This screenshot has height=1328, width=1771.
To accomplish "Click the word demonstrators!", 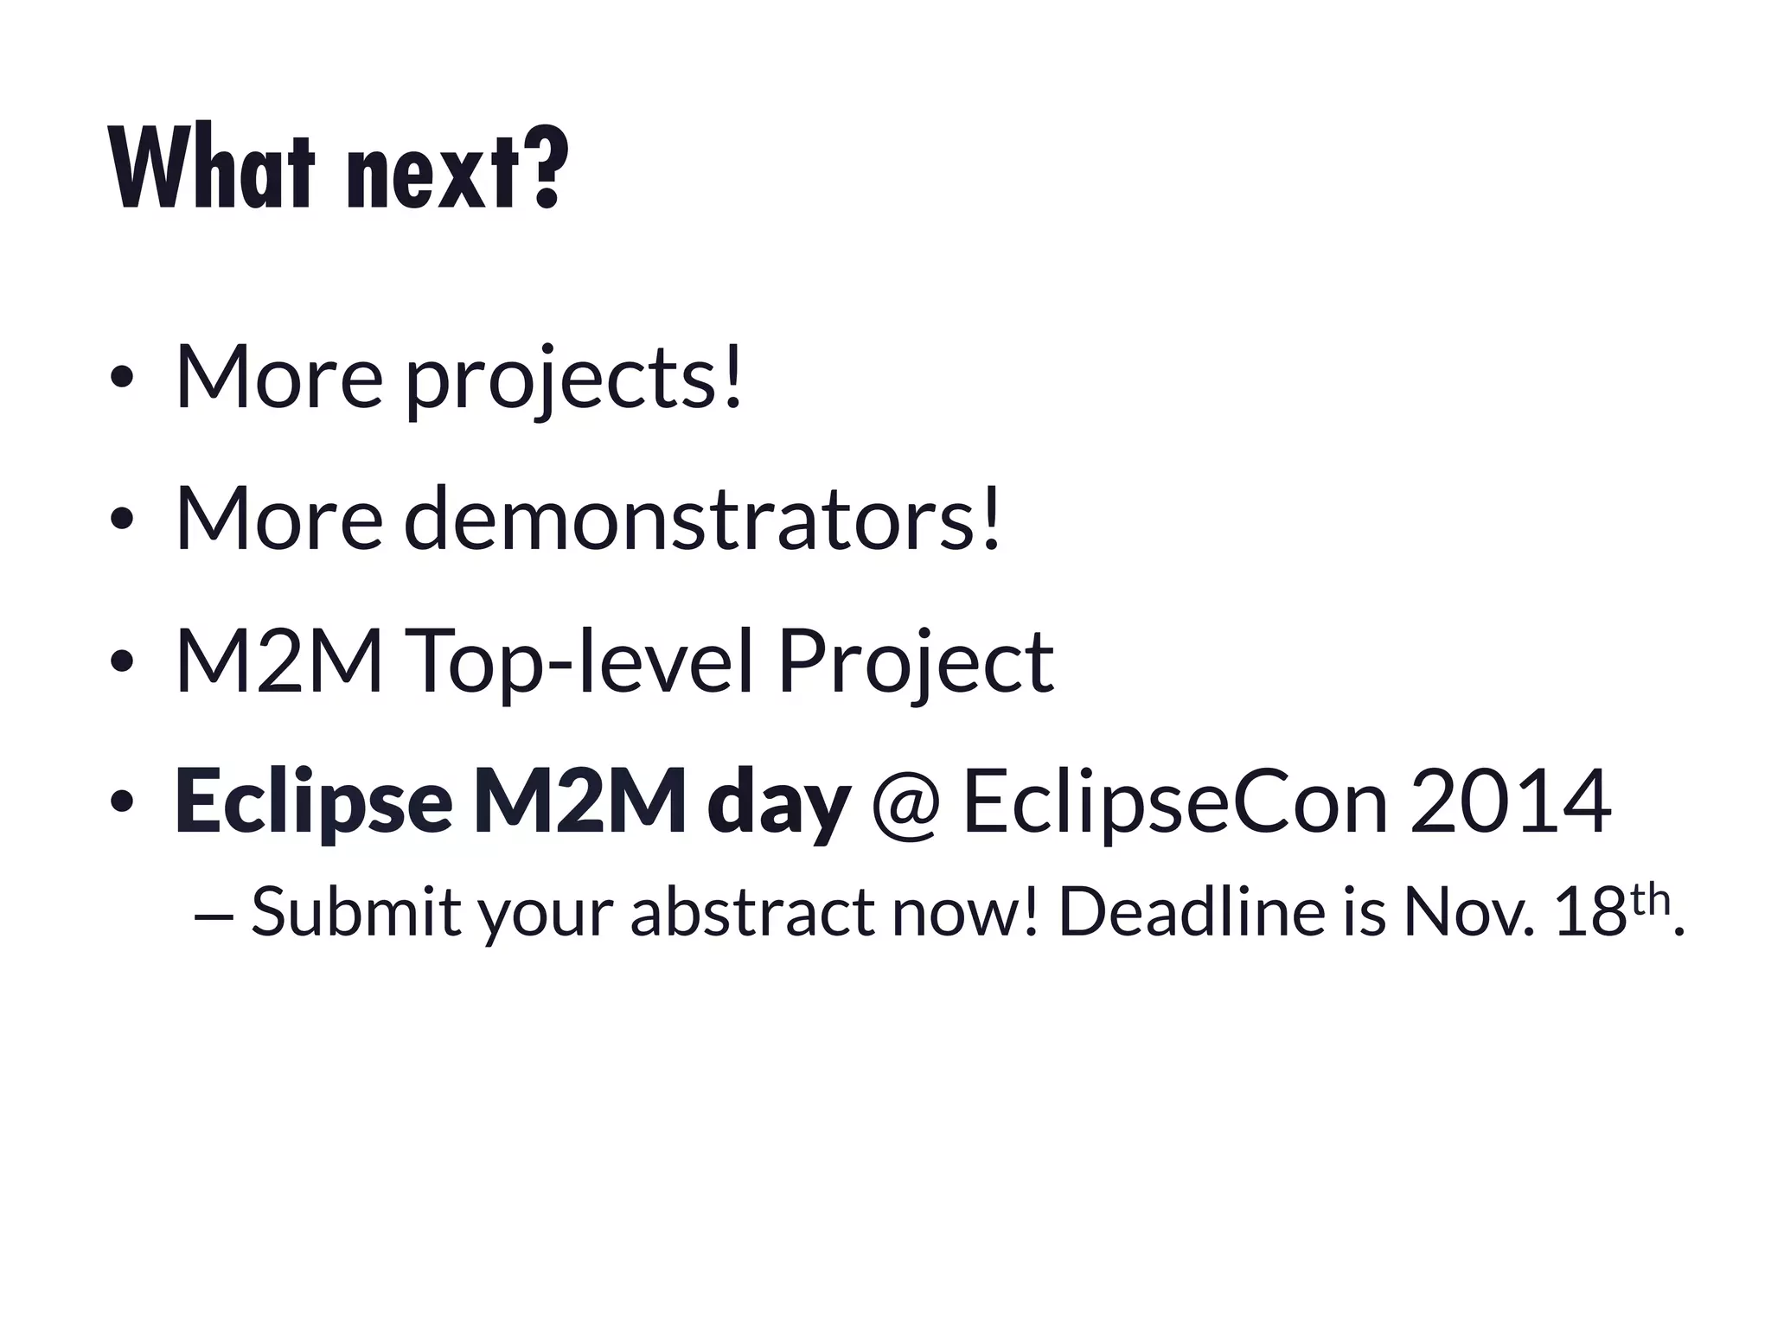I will coord(701,519).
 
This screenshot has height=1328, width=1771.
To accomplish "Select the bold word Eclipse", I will coord(313,801).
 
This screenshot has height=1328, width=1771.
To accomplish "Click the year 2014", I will coord(1510,801).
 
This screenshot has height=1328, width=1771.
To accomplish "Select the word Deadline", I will coord(1191,911).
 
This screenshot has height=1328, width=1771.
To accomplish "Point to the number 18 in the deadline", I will coord(1589,911).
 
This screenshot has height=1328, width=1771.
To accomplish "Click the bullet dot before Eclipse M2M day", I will coord(121,801).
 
